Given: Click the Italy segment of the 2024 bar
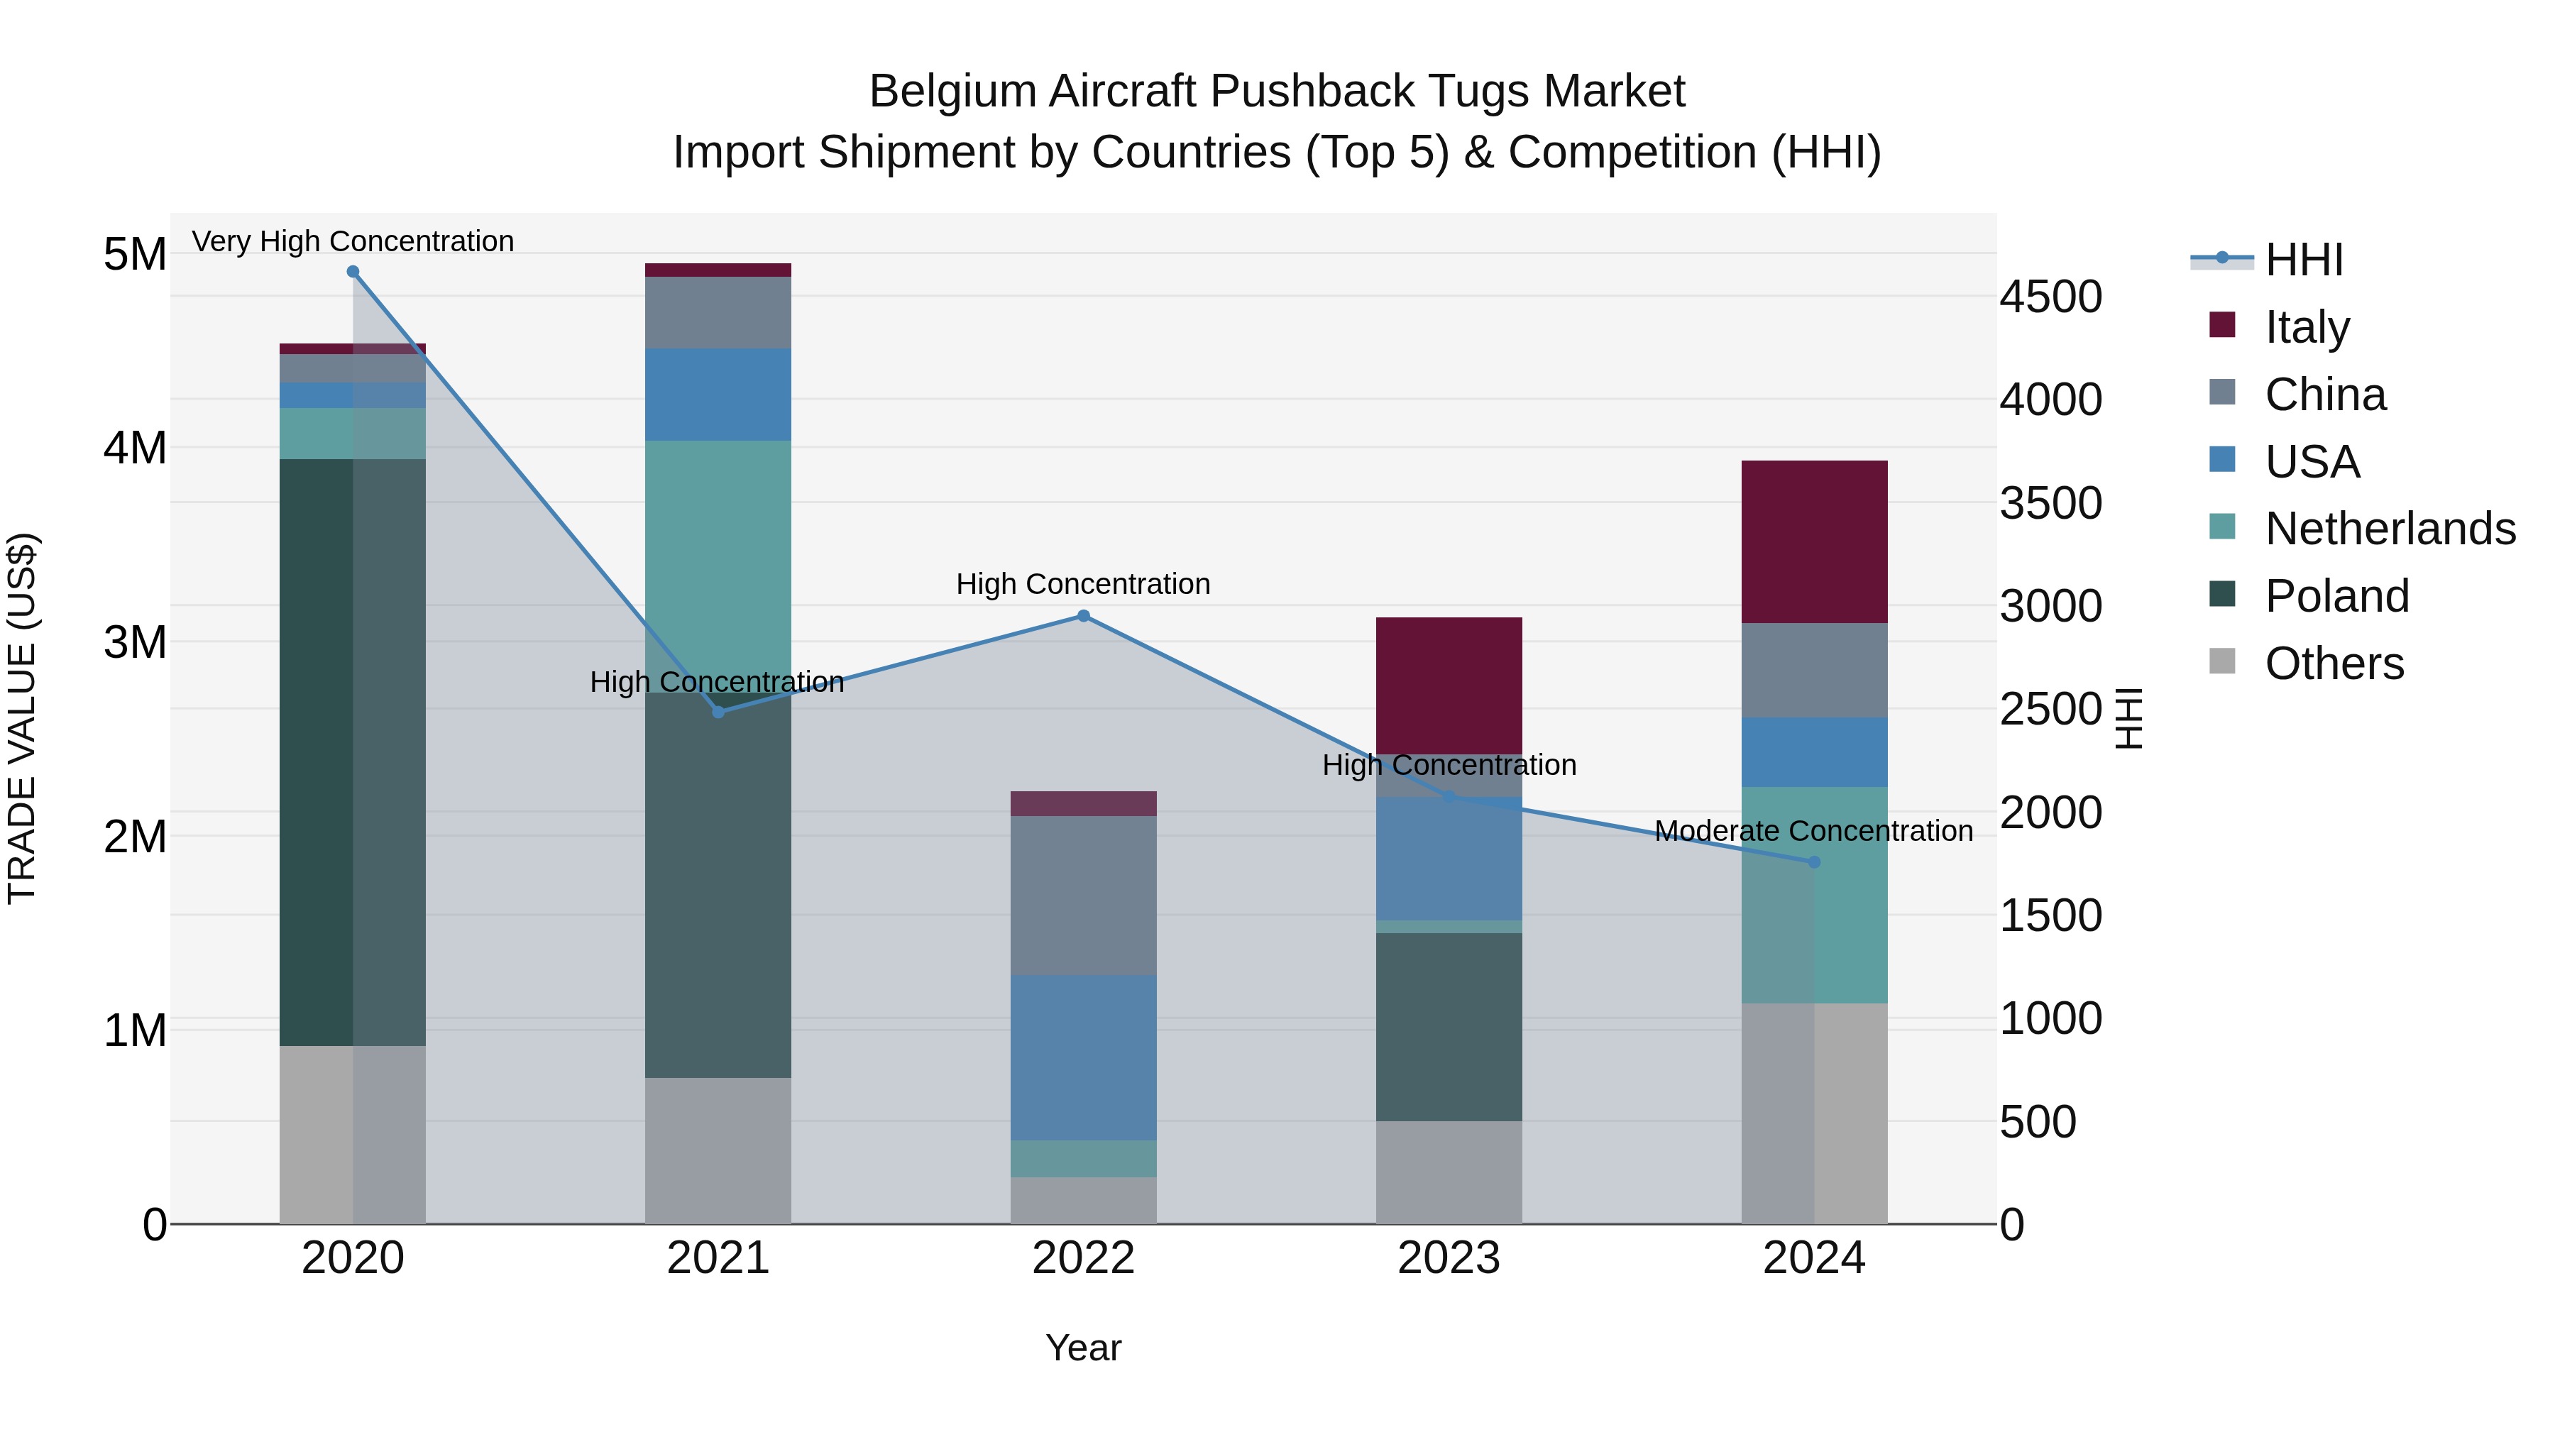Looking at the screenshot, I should (1814, 541).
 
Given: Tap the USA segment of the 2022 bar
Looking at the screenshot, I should (1083, 1057).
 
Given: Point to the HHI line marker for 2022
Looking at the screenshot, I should (1083, 616).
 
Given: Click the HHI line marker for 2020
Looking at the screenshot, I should (353, 272).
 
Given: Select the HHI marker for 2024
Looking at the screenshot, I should (1814, 861).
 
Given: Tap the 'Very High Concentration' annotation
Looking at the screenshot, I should (353, 242).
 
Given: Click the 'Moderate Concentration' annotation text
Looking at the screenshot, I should (1813, 831).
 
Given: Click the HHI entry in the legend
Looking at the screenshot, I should (2303, 260).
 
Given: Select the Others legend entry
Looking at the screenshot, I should (2334, 664).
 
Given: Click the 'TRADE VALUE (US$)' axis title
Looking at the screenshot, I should (22, 718).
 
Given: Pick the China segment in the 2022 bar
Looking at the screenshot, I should (1083, 896).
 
